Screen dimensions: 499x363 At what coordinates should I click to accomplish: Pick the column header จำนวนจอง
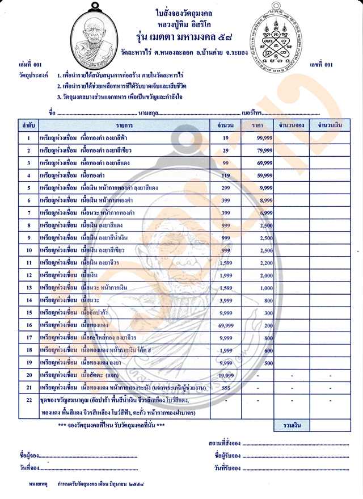click(290, 124)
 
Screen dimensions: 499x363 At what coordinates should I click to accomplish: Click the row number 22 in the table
click(28, 400)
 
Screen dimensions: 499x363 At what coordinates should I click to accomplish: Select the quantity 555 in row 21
click(226, 387)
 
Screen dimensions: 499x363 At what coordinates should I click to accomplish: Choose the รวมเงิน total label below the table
click(290, 425)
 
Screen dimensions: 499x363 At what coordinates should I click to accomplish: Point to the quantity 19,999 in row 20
click(226, 374)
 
